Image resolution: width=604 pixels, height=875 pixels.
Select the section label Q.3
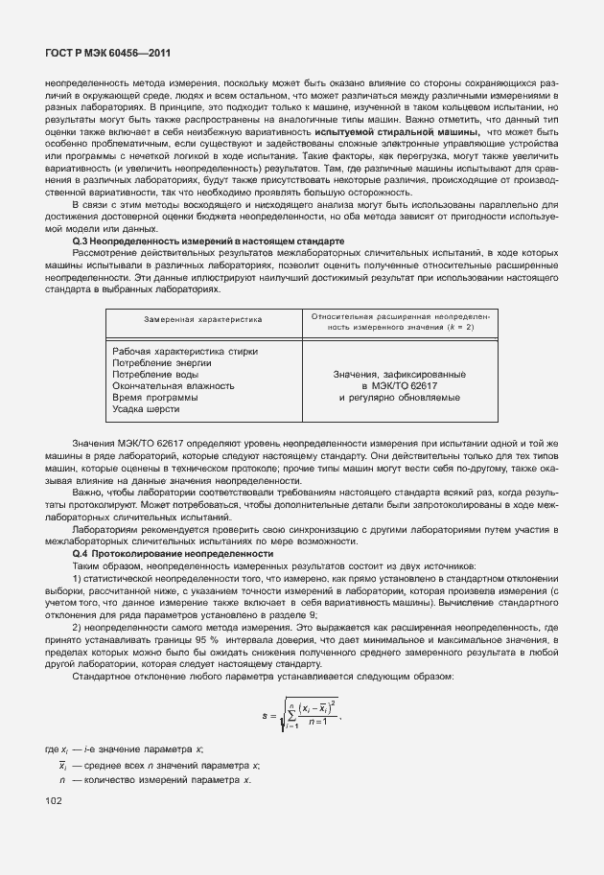click(x=80, y=241)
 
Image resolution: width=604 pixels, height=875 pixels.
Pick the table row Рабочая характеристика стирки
click(x=184, y=351)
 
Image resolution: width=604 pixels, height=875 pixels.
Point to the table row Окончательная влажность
click(x=173, y=385)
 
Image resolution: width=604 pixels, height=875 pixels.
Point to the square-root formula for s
click(x=301, y=714)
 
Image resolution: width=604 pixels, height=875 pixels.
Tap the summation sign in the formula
click(x=290, y=715)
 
